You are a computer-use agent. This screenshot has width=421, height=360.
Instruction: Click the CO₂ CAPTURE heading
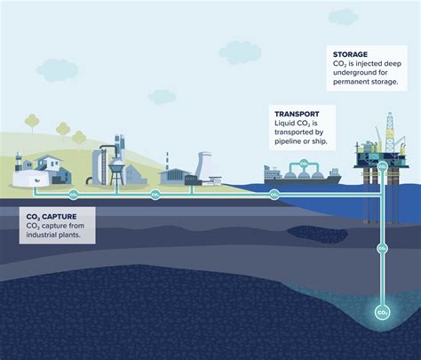pos(51,215)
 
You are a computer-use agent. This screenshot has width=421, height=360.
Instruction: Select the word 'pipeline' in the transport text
pos(288,142)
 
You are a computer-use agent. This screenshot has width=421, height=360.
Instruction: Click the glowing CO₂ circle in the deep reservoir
pos(383,313)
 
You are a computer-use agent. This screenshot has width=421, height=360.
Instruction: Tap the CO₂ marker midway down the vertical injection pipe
pos(383,249)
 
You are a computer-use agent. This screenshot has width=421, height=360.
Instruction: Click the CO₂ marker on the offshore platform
pos(383,166)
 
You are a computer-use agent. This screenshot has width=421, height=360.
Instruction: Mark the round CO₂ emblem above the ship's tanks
pos(303,164)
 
